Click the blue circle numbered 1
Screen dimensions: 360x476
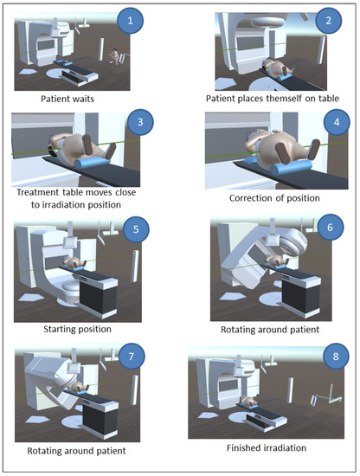[x=130, y=21]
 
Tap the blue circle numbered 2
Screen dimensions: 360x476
[x=329, y=21]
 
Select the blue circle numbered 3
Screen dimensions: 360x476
[x=140, y=122]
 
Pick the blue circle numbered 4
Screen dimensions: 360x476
[x=337, y=122]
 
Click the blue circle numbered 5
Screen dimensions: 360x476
[x=136, y=228]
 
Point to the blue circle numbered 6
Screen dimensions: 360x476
[x=331, y=227]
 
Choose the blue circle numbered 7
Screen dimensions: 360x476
[x=132, y=356]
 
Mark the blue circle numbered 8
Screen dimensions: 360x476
[x=336, y=356]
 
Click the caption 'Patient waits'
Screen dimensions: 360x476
[x=67, y=99]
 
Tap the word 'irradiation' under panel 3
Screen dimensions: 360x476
[x=59, y=204]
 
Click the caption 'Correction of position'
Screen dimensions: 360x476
[x=274, y=198]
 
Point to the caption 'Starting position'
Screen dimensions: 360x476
[x=77, y=330]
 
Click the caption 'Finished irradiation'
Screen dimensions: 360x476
[x=267, y=447]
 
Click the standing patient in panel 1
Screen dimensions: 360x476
[x=114, y=56]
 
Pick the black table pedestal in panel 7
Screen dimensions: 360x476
[x=101, y=420]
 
